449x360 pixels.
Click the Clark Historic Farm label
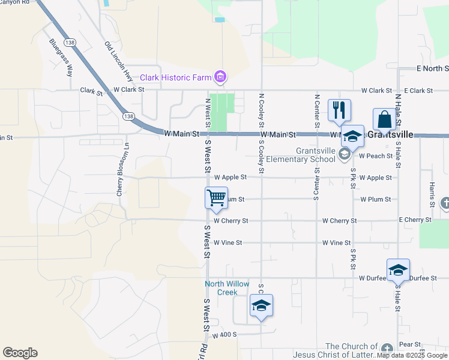tap(176, 77)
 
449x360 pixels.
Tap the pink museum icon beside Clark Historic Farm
tap(220, 77)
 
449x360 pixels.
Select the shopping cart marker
tap(216, 197)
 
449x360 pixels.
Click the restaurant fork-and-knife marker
tap(339, 110)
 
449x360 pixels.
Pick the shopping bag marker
tap(384, 119)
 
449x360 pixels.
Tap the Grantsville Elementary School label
tap(315, 155)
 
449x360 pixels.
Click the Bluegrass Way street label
tap(61, 58)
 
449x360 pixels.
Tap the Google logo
tap(20, 353)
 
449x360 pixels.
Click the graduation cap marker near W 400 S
tap(261, 305)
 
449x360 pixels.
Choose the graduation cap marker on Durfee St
tap(397, 270)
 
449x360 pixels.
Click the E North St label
tap(432, 69)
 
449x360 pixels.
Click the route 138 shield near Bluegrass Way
tap(71, 43)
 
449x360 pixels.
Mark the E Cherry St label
tap(415, 220)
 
